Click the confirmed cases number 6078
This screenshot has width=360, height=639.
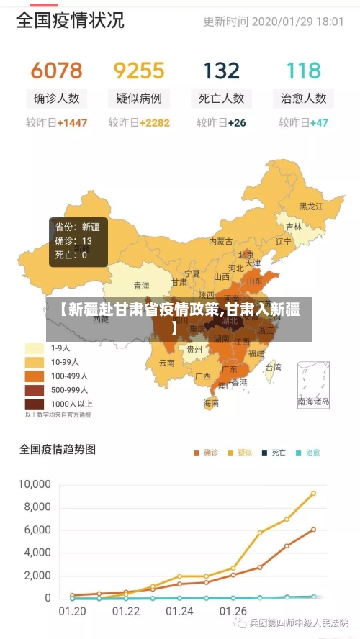pyautogui.click(x=56, y=71)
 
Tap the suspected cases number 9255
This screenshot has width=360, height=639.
pyautogui.click(x=139, y=71)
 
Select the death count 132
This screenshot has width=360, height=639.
pyautogui.click(x=221, y=71)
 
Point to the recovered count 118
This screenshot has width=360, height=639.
pyautogui.click(x=303, y=71)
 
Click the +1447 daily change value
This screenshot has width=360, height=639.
pyautogui.click(x=71, y=123)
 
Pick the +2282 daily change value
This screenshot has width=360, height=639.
pyautogui.click(x=154, y=123)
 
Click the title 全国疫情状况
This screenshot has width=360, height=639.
pyautogui.click(x=70, y=19)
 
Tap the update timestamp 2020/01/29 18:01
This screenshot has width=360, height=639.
pyautogui.click(x=298, y=22)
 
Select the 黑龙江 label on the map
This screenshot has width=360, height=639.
pyautogui.click(x=311, y=207)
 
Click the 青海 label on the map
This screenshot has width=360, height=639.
pyautogui.click(x=141, y=286)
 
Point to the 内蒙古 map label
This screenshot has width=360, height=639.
pyautogui.click(x=221, y=242)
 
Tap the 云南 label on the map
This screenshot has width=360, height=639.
pyautogui.click(x=166, y=363)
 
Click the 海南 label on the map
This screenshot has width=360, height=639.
pyautogui.click(x=211, y=403)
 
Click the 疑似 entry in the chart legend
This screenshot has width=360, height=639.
pyautogui.click(x=240, y=453)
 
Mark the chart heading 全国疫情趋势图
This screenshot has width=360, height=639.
pyautogui.click(x=57, y=450)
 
